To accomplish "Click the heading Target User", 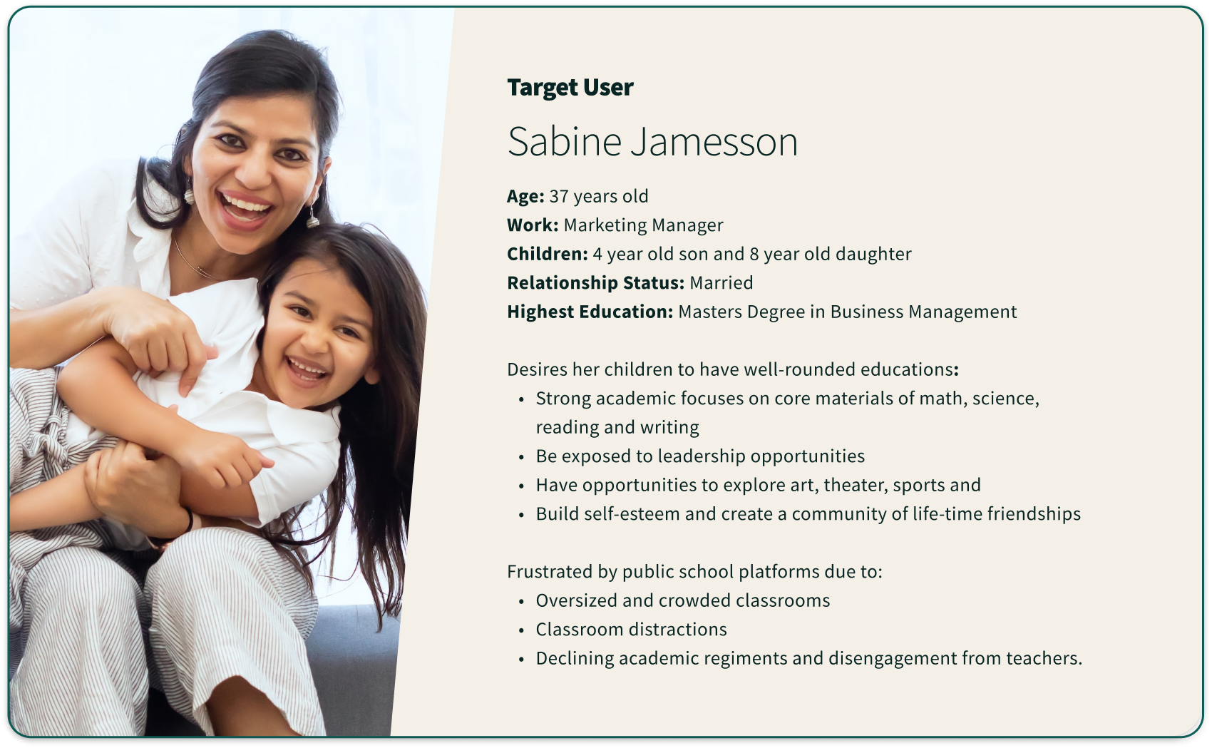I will coord(570,88).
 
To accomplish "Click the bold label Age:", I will coord(525,196).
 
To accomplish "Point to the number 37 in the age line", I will coord(558,196).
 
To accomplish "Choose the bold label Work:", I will coord(533,225).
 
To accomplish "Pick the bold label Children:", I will coord(547,254).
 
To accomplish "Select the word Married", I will coord(721,283).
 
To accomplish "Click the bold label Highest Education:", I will coord(590,312).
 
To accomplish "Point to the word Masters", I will coord(710,312).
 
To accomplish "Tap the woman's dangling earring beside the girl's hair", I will coord(313,217).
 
